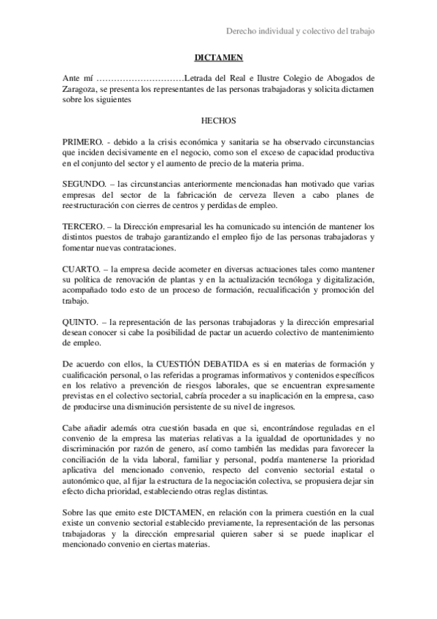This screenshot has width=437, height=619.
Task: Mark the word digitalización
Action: (x=342, y=281)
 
